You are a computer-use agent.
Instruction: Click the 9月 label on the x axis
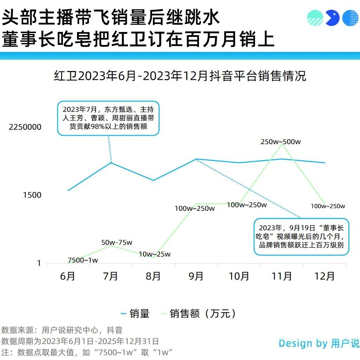[x=196, y=276]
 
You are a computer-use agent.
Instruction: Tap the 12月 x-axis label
[x=324, y=276]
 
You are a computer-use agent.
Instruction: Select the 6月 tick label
[x=68, y=276]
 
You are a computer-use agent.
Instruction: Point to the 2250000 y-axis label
[x=25, y=127]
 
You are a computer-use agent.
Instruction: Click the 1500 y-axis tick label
[x=32, y=195]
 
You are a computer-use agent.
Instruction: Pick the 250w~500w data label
[x=281, y=142]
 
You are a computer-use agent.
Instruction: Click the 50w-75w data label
[x=117, y=243]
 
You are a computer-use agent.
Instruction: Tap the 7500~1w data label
[x=83, y=260]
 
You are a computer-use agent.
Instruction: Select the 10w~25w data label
[x=155, y=254]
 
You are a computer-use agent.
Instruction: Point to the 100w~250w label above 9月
[x=194, y=208]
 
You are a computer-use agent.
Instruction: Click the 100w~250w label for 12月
[x=328, y=206]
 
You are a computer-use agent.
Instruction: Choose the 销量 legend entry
[x=135, y=314]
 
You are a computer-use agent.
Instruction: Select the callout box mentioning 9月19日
[x=301, y=236]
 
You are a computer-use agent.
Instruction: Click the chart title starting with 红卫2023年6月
[x=180, y=76]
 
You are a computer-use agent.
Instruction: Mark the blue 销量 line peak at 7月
[x=111, y=162]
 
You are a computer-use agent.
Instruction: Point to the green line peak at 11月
[x=282, y=144]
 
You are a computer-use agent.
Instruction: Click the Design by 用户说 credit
[x=319, y=343]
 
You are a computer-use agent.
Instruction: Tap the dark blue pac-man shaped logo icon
[x=332, y=18]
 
